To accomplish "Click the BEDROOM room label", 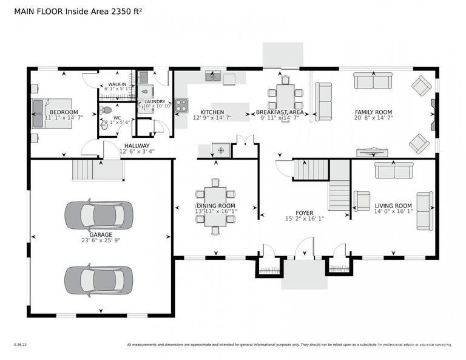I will pos(64,112).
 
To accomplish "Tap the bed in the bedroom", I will pos(52,112).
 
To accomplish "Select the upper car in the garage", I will pos(98,214).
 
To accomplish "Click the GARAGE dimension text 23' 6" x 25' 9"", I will pos(101,241).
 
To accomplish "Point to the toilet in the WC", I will pos(107,110).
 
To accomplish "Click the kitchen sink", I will pos(212,76).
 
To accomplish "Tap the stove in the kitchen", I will pos(181,104).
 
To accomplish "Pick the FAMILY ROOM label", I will pos(373,112).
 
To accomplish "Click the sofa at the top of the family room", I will pos(373,81).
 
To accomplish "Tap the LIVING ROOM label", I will pos(393,206).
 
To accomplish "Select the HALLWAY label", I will pos(137,146).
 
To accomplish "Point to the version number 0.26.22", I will pos(21,345).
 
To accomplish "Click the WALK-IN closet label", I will pos(117,84).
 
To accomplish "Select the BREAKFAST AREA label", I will pos(280,112).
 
